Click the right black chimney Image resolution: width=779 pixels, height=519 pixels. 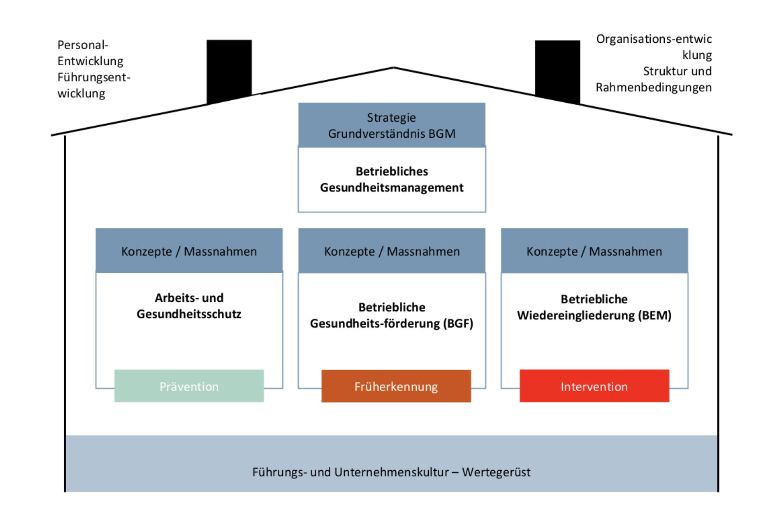point(557,70)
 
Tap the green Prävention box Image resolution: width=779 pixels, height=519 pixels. point(189,386)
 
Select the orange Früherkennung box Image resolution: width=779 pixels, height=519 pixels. point(396,386)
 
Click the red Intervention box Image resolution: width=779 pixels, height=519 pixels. point(594,386)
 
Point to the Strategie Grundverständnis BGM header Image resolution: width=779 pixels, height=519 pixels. point(391,125)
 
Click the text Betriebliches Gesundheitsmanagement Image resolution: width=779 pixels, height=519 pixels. point(391,179)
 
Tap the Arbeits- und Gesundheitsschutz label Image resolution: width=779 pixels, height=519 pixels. point(189,306)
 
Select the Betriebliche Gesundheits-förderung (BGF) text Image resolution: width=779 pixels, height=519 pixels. point(391,315)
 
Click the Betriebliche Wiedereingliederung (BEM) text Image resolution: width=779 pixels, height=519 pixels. point(594,307)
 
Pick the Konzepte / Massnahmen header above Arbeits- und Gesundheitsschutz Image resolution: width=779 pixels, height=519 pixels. point(189,251)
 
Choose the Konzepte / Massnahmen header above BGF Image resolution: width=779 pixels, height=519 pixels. point(391,251)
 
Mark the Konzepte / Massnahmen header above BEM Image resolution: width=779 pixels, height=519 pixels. point(594,251)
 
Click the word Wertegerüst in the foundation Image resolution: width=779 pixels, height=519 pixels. point(496,472)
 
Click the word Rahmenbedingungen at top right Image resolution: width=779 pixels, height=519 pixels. point(654,87)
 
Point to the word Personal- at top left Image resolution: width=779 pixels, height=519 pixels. point(83,45)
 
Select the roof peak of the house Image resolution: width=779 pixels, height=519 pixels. point(393,68)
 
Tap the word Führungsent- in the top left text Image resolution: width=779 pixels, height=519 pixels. point(94,77)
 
